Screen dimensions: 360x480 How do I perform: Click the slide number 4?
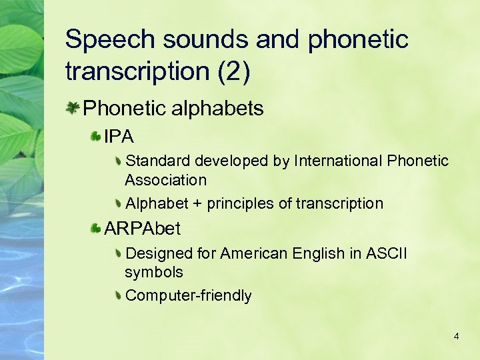456,337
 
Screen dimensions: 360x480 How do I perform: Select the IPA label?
119,137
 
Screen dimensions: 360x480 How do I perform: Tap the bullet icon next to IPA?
97,137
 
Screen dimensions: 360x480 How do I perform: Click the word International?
337,161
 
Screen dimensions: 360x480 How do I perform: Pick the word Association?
166,180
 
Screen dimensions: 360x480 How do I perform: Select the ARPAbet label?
143,229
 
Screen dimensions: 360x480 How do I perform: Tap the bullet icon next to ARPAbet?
97,229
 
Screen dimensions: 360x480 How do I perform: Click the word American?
255,253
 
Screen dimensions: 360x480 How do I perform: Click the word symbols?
154,273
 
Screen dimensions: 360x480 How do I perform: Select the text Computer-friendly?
189,295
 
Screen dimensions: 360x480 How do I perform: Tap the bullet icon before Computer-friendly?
117,295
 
